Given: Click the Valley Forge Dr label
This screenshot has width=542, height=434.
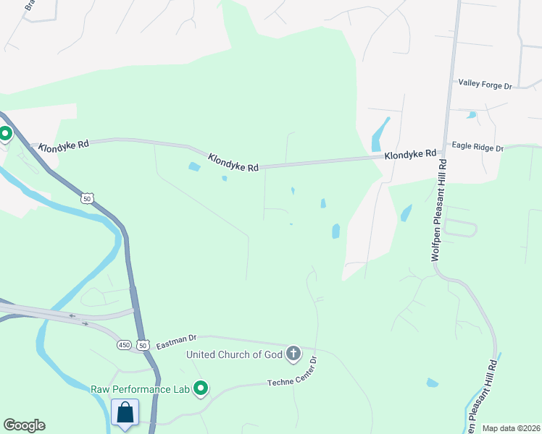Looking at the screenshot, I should coord(485,85).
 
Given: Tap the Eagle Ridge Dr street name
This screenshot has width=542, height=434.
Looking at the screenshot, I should coord(478,148).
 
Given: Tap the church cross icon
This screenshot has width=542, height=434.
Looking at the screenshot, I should coord(293,354).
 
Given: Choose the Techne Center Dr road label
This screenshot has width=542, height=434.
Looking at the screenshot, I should coord(293,372).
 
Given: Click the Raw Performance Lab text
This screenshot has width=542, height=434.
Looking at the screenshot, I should coord(140,389).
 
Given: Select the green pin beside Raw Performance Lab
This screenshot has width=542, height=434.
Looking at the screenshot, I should coord(201,390).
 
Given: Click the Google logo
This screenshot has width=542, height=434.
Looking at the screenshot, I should coord(24,425).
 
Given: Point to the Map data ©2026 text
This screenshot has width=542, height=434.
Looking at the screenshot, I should coord(511,428).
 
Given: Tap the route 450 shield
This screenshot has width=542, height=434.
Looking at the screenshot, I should coord(124,346).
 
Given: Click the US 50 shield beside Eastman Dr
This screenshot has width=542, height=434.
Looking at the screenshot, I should coord(143,346).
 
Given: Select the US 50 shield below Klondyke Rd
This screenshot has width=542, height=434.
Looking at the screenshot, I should coord(86,197).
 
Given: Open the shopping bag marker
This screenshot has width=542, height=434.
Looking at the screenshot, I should coord(125,413).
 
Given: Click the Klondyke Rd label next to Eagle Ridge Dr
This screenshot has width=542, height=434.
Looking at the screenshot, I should coord(410,154).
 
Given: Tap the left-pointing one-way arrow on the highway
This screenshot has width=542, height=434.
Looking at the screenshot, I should coord(72,315).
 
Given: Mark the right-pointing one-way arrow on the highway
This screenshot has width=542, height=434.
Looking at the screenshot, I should coord(86,323).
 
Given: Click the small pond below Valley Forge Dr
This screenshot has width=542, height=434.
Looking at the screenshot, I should coord(472,114).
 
